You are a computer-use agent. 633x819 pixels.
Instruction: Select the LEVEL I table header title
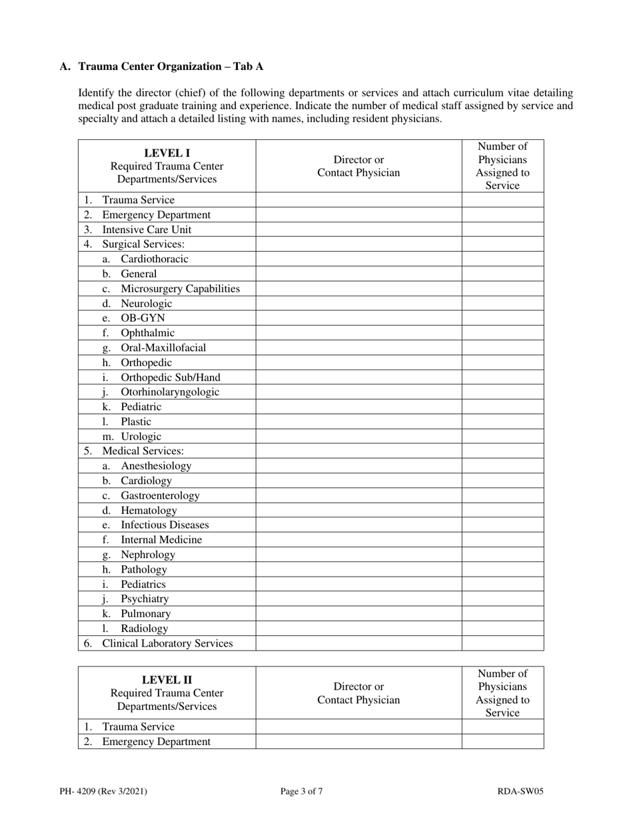point(167,152)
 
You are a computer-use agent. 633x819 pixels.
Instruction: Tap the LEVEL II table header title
point(167,680)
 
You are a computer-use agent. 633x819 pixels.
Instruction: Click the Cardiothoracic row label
point(155,259)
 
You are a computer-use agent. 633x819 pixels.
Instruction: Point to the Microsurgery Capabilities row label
point(180,288)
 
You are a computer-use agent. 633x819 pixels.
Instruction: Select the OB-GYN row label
point(143,318)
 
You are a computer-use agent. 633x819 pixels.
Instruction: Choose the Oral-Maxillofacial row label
point(163,348)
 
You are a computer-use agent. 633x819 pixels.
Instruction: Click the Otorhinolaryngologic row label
point(170,392)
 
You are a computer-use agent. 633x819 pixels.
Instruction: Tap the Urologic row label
point(141,437)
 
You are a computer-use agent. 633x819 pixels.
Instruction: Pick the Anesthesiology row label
point(156,466)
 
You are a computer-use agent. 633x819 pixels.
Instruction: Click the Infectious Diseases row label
point(165,525)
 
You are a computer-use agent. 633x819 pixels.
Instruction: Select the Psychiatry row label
point(145,599)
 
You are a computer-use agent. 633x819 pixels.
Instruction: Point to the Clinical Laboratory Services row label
point(167,643)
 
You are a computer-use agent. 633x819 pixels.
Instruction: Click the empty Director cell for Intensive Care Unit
point(358,230)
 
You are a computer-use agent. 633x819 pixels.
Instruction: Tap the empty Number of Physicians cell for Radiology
point(502,629)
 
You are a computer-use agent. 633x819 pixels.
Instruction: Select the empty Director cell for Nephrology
point(358,555)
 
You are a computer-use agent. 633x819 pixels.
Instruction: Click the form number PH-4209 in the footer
point(103,792)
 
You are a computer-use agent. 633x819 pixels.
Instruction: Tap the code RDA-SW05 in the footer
point(520,792)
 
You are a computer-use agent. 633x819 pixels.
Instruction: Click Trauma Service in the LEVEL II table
point(138,727)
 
